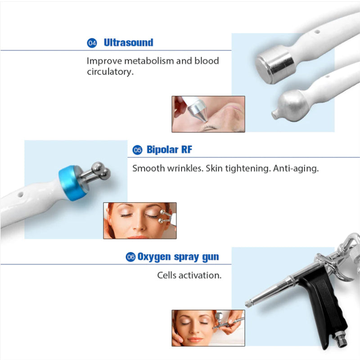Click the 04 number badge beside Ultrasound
[92, 43]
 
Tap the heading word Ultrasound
[128, 43]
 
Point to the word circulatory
[110, 72]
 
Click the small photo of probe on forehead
[208, 114]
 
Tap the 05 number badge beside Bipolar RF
[137, 150]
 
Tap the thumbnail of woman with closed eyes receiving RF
[139, 220]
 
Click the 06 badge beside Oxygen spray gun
[130, 257]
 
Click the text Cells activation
[189, 275]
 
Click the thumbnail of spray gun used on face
[208, 328]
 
